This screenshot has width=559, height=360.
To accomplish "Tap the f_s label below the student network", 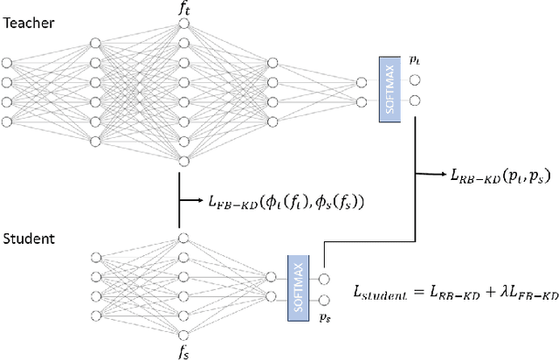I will (183, 351).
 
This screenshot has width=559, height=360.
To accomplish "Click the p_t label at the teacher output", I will (414, 60).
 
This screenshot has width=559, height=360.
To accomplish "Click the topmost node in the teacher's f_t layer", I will (183, 25).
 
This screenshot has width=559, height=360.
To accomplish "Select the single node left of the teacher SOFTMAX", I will (362, 85).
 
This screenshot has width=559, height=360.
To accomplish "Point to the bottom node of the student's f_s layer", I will (183, 332).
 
